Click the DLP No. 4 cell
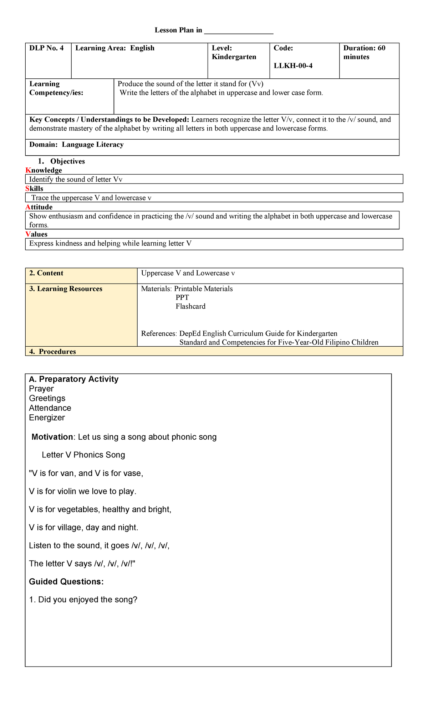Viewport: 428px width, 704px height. (x=47, y=48)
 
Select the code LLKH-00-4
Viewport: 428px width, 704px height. (x=293, y=66)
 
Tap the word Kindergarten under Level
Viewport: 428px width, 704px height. (x=234, y=57)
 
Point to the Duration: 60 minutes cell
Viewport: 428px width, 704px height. (x=364, y=53)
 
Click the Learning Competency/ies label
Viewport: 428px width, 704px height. (x=56, y=88)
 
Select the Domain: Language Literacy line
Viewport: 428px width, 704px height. (x=76, y=145)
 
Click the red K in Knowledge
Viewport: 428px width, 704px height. (x=28, y=171)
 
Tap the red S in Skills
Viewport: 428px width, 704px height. (x=27, y=189)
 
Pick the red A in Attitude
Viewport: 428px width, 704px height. (x=28, y=207)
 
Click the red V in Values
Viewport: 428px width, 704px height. (x=28, y=234)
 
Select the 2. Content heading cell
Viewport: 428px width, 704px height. (x=46, y=273)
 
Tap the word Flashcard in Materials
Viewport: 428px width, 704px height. (x=190, y=306)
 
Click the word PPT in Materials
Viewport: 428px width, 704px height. (x=182, y=297)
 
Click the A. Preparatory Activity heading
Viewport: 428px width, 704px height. (x=74, y=379)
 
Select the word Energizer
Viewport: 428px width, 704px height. (x=47, y=418)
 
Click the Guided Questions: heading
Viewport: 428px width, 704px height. (x=66, y=582)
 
